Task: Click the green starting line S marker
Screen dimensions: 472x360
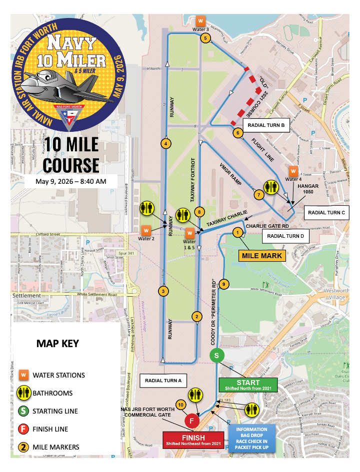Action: pos(216,356)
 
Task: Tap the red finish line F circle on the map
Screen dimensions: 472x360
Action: pos(191,421)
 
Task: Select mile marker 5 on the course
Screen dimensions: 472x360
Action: pos(204,38)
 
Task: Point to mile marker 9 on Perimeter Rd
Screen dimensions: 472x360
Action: pos(224,284)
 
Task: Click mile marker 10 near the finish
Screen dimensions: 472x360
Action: pos(180,404)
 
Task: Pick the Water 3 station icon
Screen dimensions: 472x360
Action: pos(200,21)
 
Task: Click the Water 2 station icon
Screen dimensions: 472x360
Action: pos(146,230)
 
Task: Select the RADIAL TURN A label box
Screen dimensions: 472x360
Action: pos(163,381)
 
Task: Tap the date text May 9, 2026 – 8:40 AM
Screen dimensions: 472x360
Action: pos(70,181)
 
